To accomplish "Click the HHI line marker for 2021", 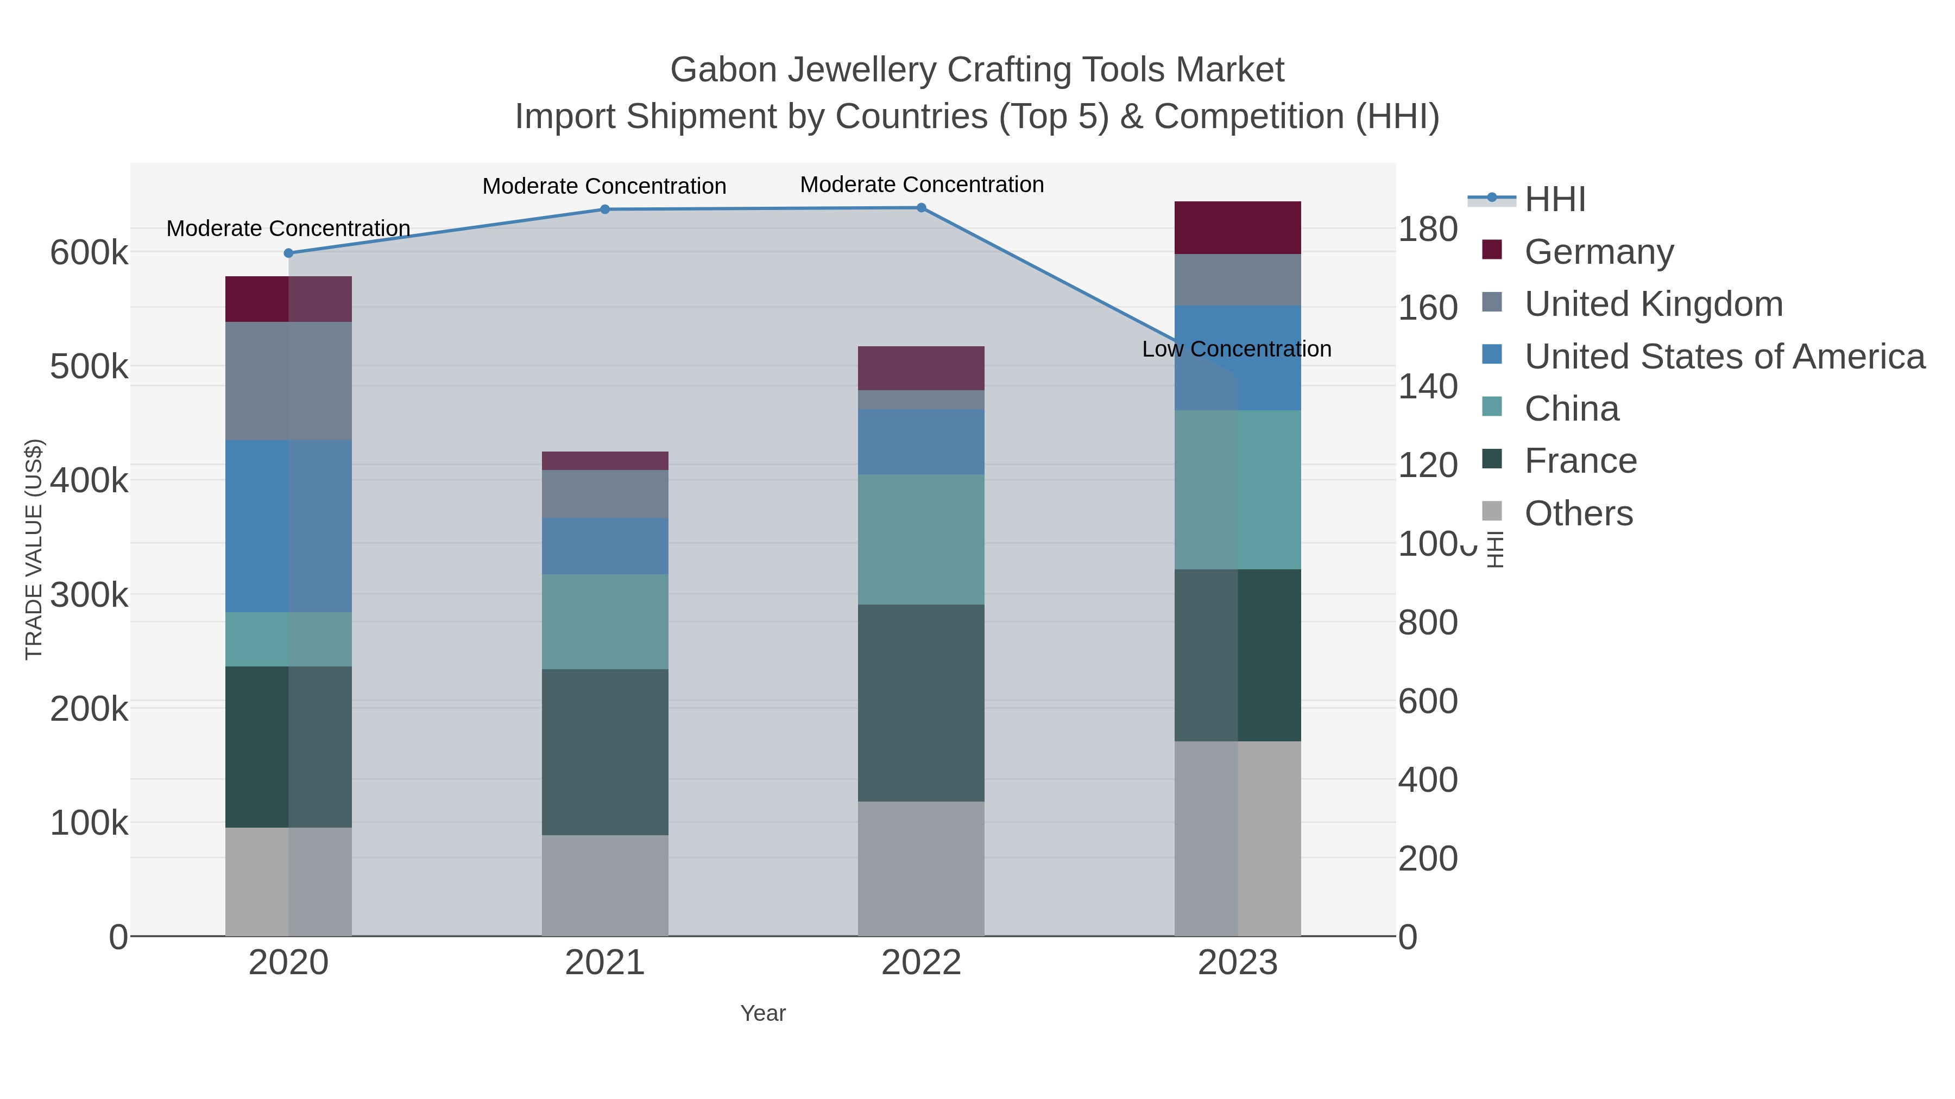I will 605,209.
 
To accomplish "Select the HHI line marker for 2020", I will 288,253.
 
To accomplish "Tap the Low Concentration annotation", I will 1237,349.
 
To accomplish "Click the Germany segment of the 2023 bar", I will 1237,227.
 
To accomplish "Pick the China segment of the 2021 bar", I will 605,621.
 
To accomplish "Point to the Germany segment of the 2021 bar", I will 605,460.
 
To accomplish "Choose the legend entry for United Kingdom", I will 1653,304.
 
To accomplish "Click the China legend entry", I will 1571,409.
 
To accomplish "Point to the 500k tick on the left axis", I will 89,367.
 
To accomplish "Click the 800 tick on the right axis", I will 1428,622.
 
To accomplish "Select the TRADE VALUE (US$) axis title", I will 34,549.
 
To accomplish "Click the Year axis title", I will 763,1013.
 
